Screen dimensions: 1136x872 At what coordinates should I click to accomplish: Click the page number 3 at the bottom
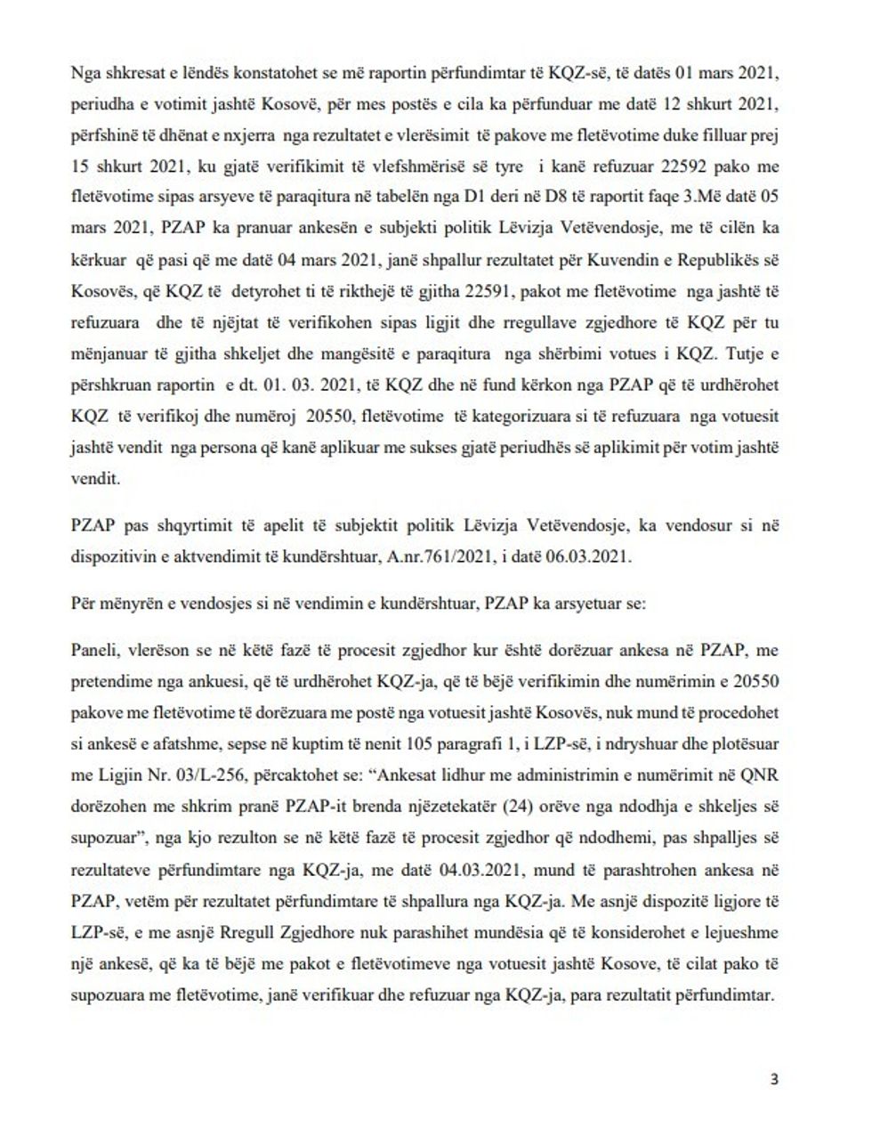coord(773,1080)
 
